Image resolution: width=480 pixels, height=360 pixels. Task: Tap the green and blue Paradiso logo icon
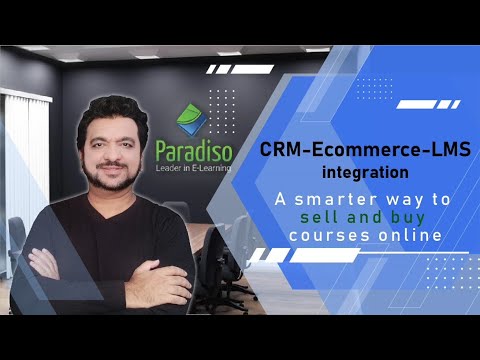(x=191, y=121)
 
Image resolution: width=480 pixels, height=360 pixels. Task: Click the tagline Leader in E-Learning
(x=194, y=170)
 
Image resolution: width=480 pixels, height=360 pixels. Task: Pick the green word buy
(x=414, y=218)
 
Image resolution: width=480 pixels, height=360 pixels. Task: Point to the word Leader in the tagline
(x=171, y=170)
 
